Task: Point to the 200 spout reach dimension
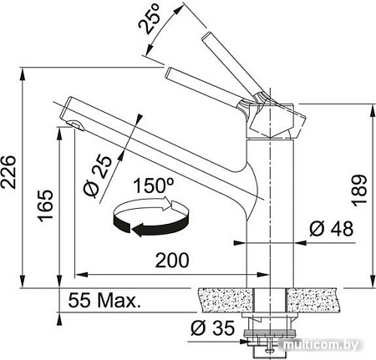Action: click(x=171, y=261)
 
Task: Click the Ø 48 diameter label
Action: click(x=330, y=228)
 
